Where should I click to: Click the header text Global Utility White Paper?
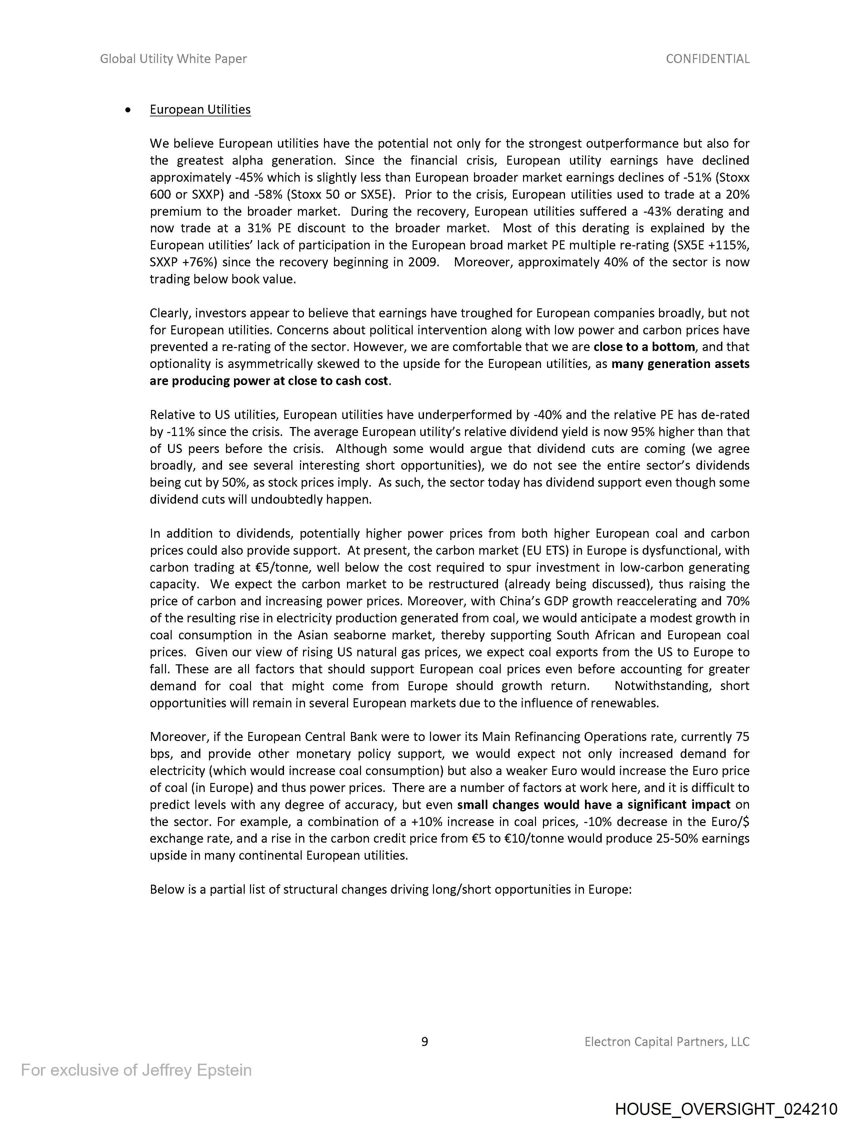coord(173,59)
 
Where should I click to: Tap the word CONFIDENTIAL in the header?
coord(707,59)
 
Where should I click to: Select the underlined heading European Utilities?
coord(200,110)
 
